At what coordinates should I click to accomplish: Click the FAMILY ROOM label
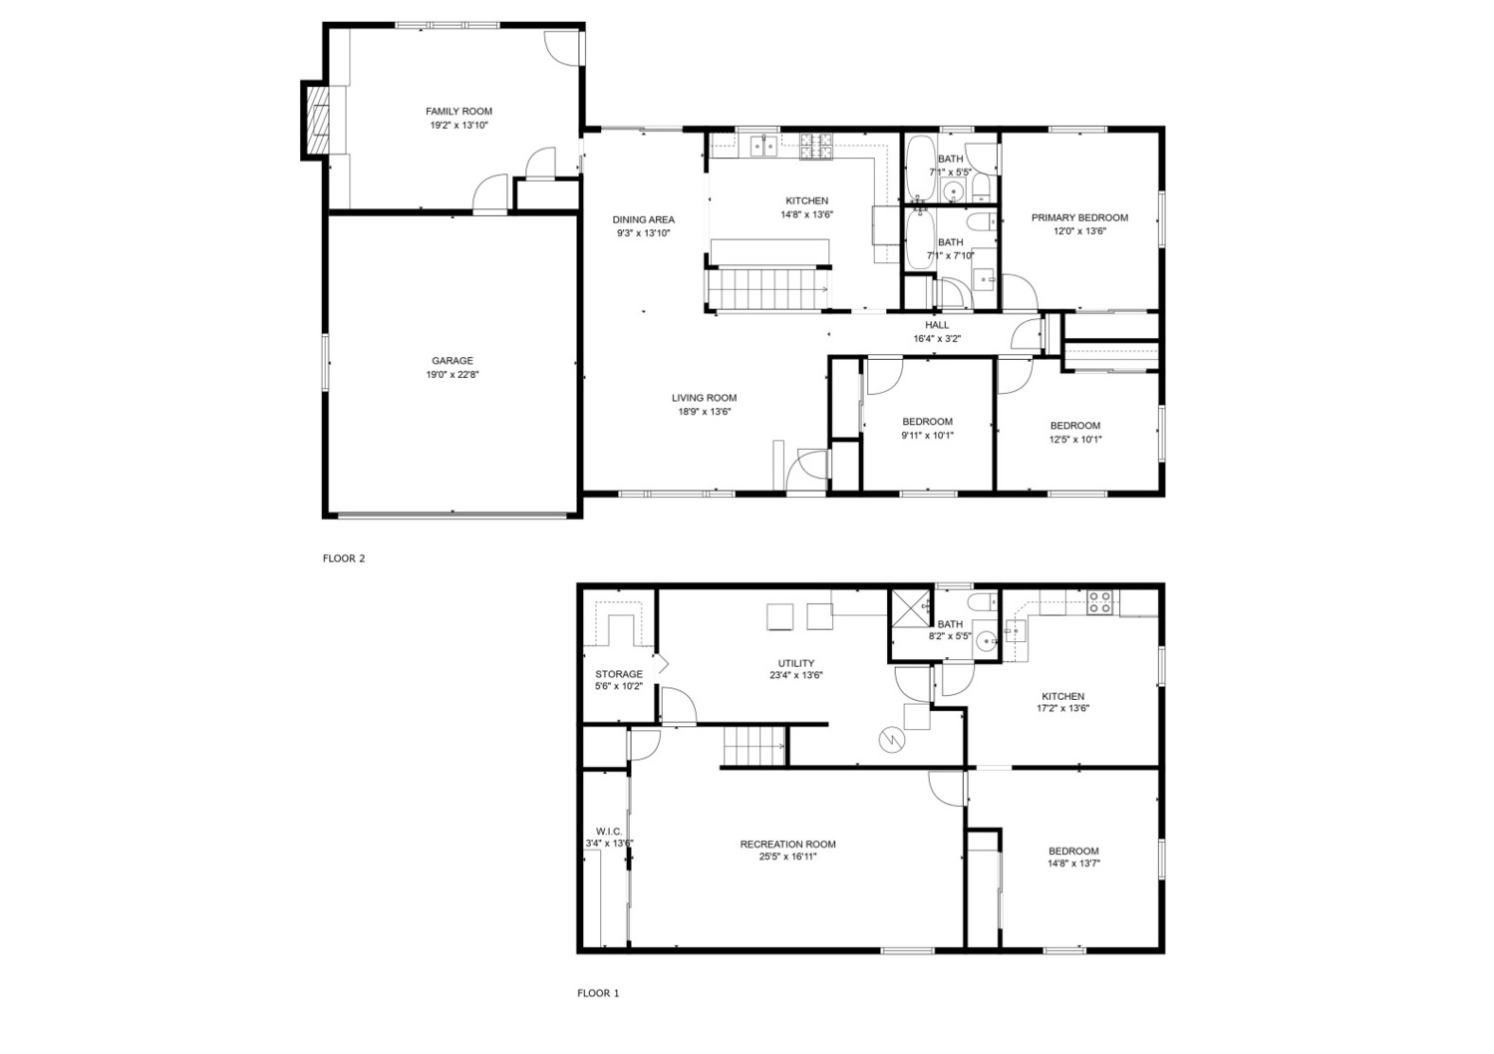click(x=458, y=112)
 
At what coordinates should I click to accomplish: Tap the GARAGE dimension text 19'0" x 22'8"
click(x=452, y=375)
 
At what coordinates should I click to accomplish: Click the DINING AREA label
click(x=643, y=219)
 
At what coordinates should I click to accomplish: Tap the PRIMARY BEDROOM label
click(x=1079, y=217)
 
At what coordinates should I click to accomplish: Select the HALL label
click(x=937, y=325)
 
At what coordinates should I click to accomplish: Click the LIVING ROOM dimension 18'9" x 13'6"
click(x=705, y=412)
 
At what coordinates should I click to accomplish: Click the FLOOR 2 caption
click(x=344, y=558)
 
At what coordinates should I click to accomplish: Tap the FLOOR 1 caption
click(x=598, y=992)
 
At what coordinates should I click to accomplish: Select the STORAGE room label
click(x=619, y=674)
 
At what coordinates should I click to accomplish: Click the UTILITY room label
click(x=795, y=663)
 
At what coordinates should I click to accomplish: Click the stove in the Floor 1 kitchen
click(x=1099, y=602)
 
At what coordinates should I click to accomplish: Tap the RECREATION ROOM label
click(x=787, y=844)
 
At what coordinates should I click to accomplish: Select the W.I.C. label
click(x=609, y=832)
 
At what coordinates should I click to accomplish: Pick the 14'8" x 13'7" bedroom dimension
click(x=1073, y=864)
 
